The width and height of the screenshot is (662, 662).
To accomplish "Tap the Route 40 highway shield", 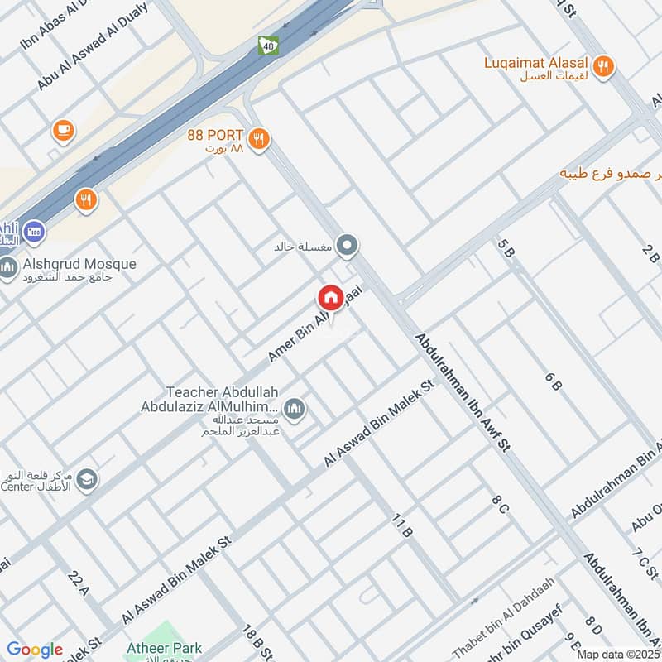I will pos(268,46).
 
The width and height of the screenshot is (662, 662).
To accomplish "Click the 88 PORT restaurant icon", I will pos(260,138).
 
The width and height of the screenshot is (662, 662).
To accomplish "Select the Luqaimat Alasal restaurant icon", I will pos(605,67).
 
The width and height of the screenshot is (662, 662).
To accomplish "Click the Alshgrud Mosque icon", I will pos(9,269).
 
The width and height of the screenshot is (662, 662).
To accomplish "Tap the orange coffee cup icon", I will pos(63,130).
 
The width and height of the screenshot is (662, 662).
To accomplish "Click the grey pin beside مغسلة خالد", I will pos(348,246).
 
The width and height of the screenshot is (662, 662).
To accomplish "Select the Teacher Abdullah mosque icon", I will pos(294,408).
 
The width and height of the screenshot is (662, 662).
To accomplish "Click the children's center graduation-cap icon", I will pos(86,478).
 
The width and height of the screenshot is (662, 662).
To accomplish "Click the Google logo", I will pos(34,650).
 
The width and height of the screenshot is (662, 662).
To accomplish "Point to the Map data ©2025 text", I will pos(618,654).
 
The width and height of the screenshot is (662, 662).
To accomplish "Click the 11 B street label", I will pos(402,525).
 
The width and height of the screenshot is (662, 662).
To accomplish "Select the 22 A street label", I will pos(80,584).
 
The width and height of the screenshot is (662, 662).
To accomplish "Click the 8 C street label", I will pos(499,504).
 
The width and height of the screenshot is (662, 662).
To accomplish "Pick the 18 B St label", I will pos(257,641).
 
